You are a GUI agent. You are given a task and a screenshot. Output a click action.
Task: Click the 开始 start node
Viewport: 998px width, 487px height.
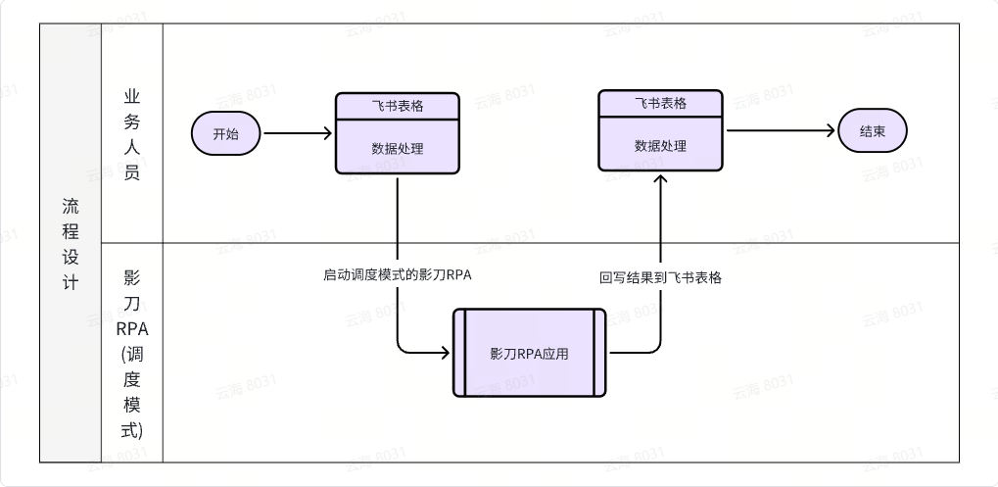pyautogui.click(x=225, y=133)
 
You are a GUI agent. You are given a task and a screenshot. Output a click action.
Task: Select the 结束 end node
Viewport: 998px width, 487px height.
pyautogui.click(x=872, y=131)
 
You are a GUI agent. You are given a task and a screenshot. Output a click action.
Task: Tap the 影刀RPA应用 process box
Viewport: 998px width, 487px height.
pyautogui.click(x=529, y=353)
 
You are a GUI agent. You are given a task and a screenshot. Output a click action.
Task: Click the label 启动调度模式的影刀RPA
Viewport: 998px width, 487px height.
pyautogui.click(x=398, y=274)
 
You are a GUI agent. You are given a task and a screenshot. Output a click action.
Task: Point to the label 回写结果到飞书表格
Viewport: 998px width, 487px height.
pyautogui.click(x=661, y=277)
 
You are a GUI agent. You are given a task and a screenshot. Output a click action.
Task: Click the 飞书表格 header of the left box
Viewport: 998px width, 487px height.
pyautogui.click(x=398, y=105)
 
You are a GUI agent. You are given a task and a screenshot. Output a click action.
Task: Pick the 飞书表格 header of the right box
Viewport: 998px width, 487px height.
pyautogui.click(x=660, y=103)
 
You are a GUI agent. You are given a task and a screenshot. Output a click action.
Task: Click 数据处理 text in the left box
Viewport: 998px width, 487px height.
pyautogui.click(x=398, y=149)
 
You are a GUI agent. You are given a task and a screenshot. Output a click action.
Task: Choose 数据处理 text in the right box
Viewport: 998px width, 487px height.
pyautogui.click(x=660, y=146)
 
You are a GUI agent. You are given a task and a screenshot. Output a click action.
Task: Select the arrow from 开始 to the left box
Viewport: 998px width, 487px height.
pyautogui.click(x=298, y=133)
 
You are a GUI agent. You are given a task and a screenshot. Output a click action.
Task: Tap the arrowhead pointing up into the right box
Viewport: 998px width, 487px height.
pyautogui.click(x=661, y=179)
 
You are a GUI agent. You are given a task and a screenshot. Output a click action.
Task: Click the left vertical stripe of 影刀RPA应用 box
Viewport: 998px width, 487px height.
pyautogui.click(x=458, y=353)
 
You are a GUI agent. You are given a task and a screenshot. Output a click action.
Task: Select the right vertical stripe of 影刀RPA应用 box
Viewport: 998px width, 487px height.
pyautogui.click(x=599, y=353)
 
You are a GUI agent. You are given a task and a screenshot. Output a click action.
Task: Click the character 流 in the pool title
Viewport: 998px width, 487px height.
pyautogui.click(x=71, y=207)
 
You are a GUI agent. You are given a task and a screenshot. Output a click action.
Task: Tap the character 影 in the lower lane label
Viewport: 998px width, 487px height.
pyautogui.click(x=132, y=277)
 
